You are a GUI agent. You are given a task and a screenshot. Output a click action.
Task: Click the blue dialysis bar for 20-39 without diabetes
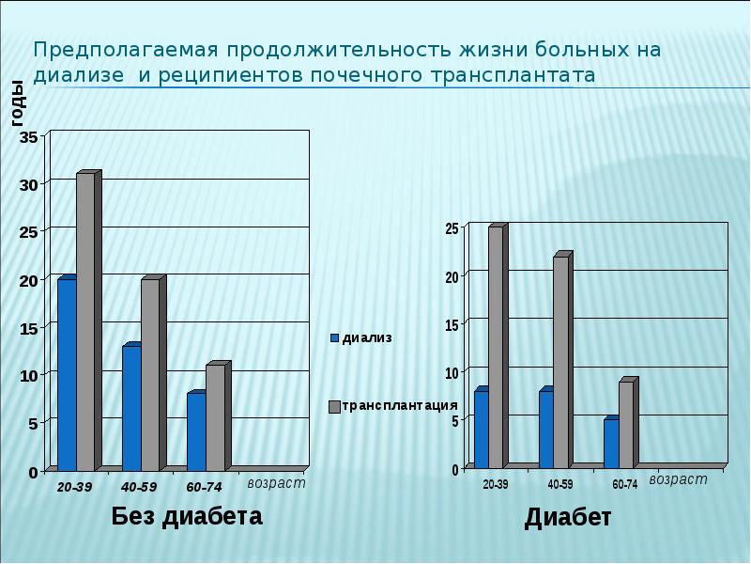67,375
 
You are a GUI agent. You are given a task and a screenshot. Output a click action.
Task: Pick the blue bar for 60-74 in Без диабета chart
196,431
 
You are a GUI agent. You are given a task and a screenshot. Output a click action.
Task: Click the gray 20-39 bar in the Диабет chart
495,347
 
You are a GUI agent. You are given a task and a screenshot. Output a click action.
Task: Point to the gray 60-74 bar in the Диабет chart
625,424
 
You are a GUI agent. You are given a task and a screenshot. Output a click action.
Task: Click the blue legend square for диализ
333,337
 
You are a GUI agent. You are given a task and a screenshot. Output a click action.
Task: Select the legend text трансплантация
399,405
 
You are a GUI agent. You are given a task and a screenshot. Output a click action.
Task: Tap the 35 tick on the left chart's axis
28,137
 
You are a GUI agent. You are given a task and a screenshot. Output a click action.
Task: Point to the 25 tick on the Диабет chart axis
451,228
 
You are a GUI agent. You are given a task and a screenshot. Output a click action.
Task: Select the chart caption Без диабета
187,516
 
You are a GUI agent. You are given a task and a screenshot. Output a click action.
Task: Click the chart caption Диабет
567,517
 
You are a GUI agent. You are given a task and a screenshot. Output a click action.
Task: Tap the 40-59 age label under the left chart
139,487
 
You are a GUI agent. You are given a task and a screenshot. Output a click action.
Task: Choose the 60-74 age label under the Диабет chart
624,485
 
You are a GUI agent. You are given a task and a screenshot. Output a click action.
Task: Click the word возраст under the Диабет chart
678,479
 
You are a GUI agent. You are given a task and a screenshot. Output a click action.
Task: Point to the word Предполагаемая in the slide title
127,48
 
